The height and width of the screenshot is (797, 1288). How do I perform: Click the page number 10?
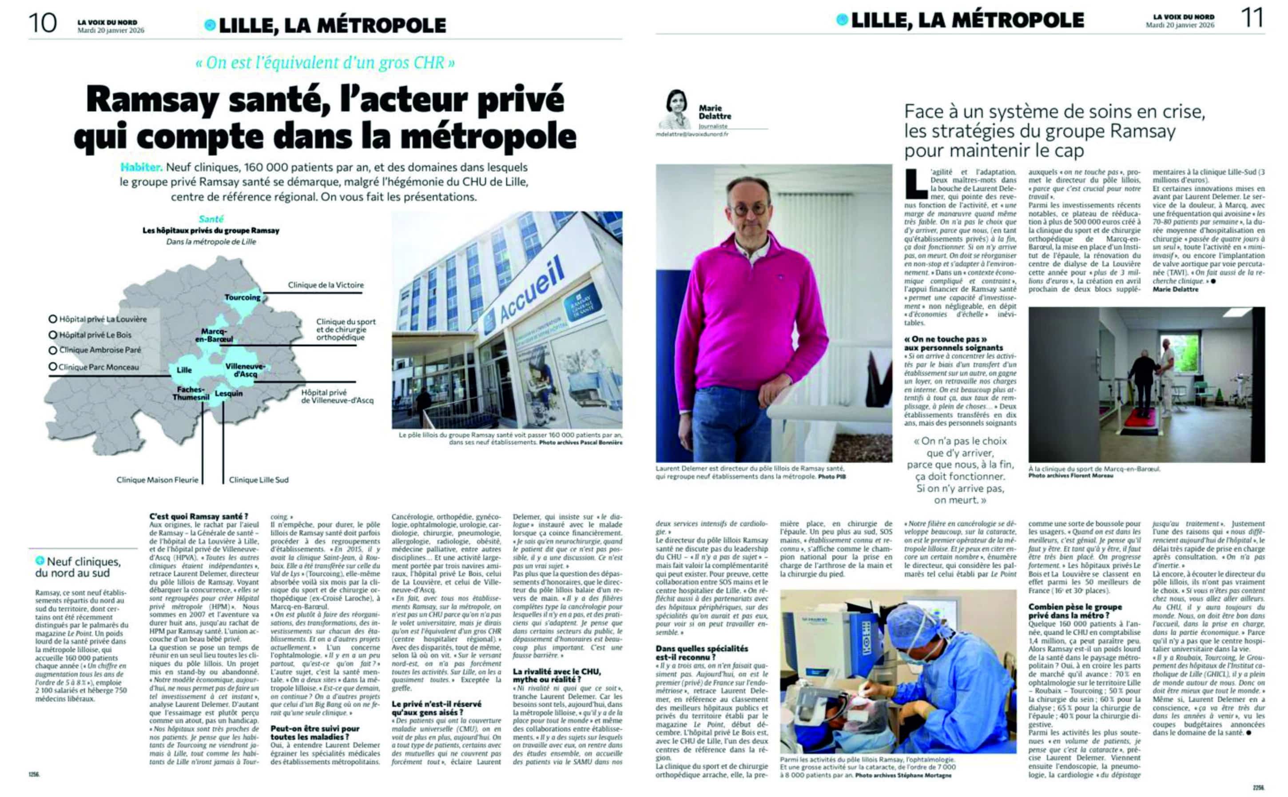(43, 23)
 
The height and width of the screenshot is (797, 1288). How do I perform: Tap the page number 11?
(1252, 19)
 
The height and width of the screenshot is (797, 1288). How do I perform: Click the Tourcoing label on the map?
(242, 297)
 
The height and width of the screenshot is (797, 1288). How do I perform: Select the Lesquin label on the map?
(229, 393)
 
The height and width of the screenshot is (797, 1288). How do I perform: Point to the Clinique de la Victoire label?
(326, 285)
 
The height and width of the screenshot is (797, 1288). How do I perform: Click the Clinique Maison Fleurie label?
(158, 480)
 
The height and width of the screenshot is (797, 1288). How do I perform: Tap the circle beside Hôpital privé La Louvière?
(53, 319)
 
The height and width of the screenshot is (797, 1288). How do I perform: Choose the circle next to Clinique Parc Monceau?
(53, 367)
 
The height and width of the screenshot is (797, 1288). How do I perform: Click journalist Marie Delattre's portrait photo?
(675, 109)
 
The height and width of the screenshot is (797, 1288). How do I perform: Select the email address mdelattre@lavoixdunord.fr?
(692, 135)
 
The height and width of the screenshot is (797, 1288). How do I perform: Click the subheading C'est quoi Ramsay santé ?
(199, 517)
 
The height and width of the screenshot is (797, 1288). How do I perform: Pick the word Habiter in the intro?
(141, 167)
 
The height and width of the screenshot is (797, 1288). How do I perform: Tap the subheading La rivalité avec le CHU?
(557, 676)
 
